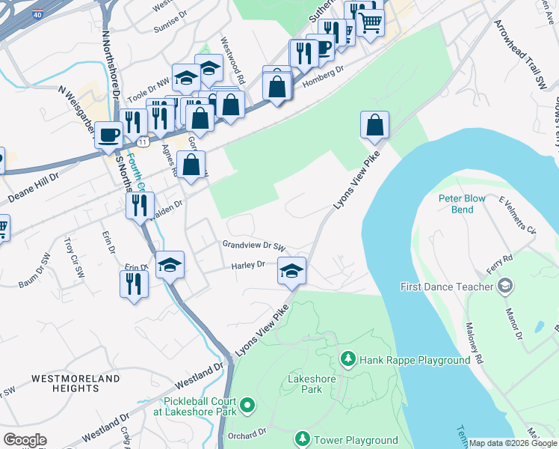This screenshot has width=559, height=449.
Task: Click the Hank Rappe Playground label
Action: click(x=415, y=360)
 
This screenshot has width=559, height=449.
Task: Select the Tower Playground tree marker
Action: click(x=303, y=438)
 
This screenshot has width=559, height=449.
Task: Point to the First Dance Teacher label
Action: click(x=447, y=287)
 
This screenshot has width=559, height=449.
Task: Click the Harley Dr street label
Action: click(x=249, y=264)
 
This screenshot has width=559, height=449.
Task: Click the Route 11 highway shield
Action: click(x=142, y=141)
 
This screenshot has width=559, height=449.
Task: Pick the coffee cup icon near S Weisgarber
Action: click(x=109, y=135)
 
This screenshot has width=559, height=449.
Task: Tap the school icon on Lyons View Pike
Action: click(x=291, y=270)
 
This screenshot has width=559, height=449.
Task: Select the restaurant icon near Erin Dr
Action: click(x=134, y=284)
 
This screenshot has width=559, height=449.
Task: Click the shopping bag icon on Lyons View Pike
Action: click(x=374, y=124)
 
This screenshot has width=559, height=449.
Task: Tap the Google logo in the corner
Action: click(x=25, y=440)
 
